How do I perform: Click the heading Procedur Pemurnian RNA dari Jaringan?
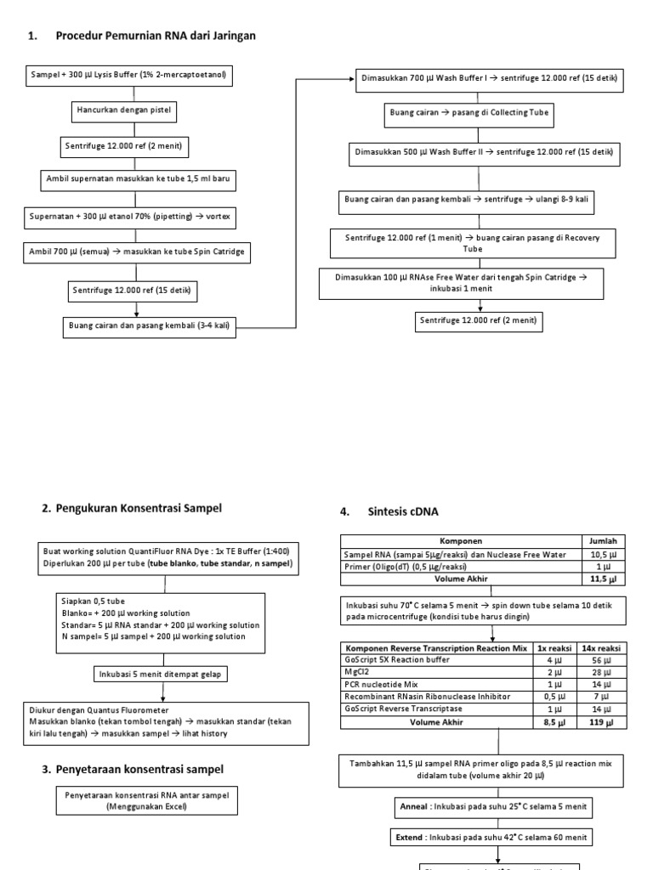coord(155,36)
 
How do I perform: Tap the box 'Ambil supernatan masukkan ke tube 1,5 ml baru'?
coord(137,180)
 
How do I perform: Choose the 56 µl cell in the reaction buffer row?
coord(602,658)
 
